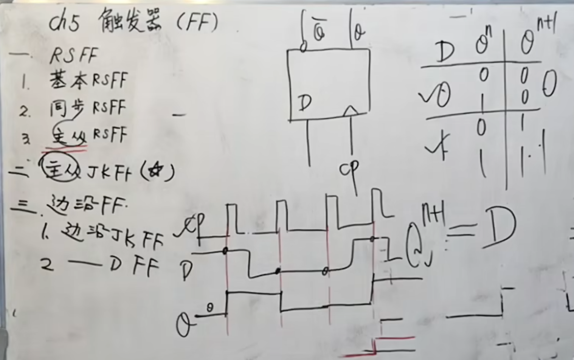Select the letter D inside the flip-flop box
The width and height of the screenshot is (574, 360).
(304, 102)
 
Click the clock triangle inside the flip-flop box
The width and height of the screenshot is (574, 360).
(351, 110)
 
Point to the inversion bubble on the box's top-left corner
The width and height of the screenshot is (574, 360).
(303, 48)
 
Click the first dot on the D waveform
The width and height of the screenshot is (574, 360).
(225, 251)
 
